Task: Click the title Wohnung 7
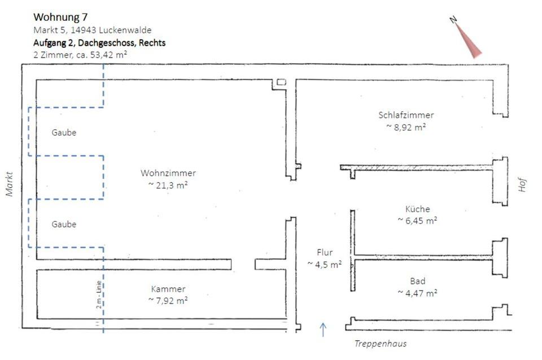pos(60,17)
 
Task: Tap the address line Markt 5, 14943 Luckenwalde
pos(93,30)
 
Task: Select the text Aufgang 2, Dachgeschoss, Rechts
pos(99,42)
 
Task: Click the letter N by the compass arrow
pos(453,20)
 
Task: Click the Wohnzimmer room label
pos(169,173)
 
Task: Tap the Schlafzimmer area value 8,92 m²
pos(406,127)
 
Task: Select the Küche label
pos(417,209)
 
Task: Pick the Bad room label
pos(418,281)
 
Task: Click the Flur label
pos(325,252)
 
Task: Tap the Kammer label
pos(168,289)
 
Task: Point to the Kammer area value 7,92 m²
pos(168,301)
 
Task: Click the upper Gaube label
pos(64,133)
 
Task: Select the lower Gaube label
pos(64,224)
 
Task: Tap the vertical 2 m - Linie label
pos(98,293)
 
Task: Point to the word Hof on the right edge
pos(522,184)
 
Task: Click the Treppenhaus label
pos(380,344)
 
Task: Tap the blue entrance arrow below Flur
pos(324,329)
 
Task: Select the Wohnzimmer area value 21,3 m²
pos(169,185)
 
